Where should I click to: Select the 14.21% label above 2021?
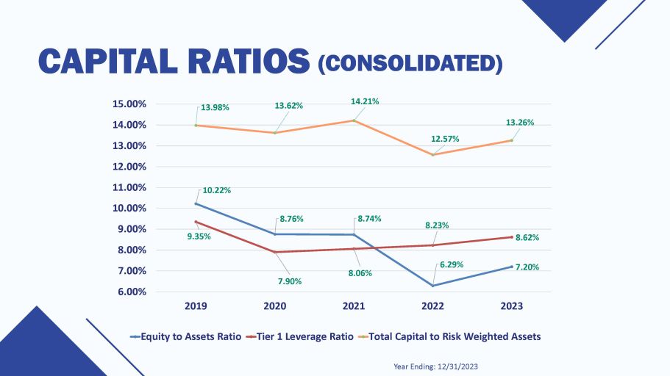pyautogui.click(x=365, y=101)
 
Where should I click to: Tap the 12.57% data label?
pyautogui.click(x=446, y=140)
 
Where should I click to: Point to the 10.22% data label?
pyautogui.click(x=217, y=190)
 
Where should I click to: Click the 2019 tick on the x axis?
pyautogui.click(x=196, y=305)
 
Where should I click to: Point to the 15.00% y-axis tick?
pyautogui.click(x=129, y=104)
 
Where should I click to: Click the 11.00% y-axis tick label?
pyautogui.click(x=129, y=187)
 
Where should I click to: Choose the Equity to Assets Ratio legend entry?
pyautogui.click(x=185, y=336)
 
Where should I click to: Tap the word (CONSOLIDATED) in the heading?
pyautogui.click(x=410, y=64)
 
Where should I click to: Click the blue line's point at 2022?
pyautogui.click(x=432, y=286)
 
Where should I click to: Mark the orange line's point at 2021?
pyautogui.click(x=354, y=120)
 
